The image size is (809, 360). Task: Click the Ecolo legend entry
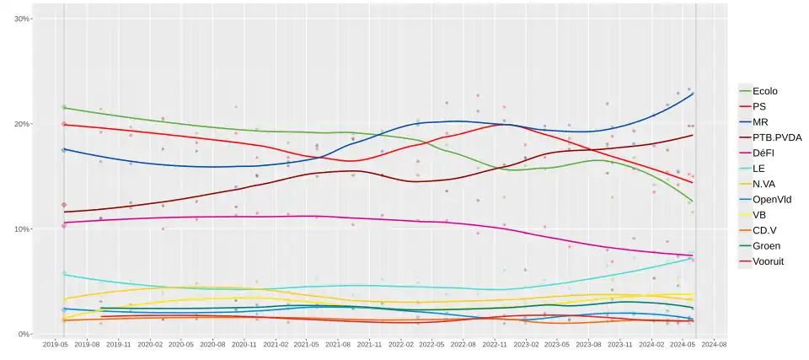[x=764, y=91]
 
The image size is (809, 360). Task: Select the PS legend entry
[x=759, y=107]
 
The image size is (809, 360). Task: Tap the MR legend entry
[x=760, y=122]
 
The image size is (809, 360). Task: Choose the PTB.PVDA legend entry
[x=771, y=137]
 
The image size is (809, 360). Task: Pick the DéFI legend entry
[x=763, y=153]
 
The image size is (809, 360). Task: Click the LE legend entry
[x=758, y=169]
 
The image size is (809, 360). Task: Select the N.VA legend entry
[x=763, y=184]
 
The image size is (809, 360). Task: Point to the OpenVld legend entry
[x=770, y=200]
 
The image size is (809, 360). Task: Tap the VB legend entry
[x=759, y=215]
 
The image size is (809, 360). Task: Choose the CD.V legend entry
[x=763, y=230]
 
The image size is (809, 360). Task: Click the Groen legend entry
[x=765, y=246]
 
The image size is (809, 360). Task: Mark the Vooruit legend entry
[x=768, y=261]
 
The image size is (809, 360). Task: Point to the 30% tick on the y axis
[x=23, y=19]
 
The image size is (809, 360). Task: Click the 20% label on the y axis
[x=23, y=124]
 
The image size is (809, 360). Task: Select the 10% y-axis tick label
[x=23, y=229]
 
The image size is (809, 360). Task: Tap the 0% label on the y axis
[x=25, y=335]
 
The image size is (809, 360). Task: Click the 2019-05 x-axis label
[x=56, y=345]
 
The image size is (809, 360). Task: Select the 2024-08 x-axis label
[x=715, y=345]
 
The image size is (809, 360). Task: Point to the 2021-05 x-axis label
[x=308, y=345]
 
